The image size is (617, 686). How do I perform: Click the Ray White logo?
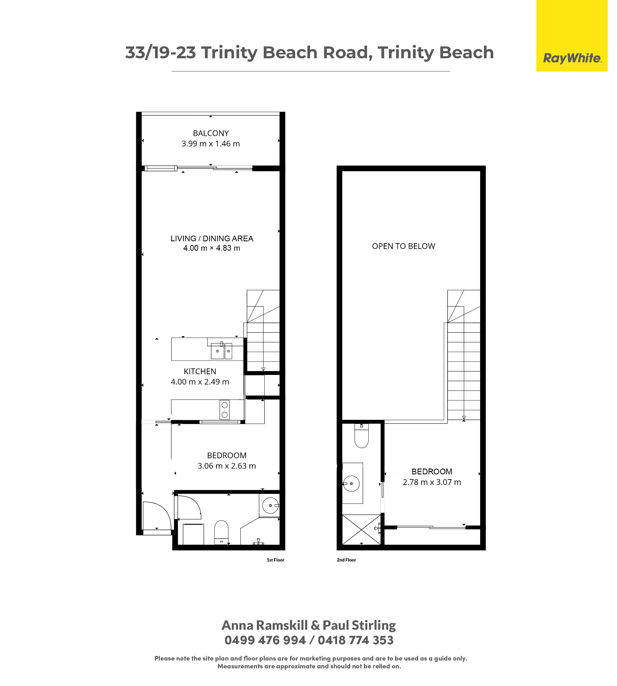pyautogui.click(x=572, y=58)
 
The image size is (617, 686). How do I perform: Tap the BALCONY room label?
pyautogui.click(x=211, y=133)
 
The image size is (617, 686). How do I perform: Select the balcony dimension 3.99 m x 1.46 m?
pyautogui.click(x=211, y=144)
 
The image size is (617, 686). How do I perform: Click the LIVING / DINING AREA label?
pyautogui.click(x=212, y=238)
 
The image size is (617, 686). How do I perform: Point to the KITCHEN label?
pyautogui.click(x=200, y=371)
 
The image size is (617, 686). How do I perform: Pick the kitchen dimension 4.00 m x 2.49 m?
pyautogui.click(x=200, y=382)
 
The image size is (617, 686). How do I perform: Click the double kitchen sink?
pyautogui.click(x=222, y=351)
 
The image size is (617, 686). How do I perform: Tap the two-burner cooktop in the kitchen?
pyautogui.click(x=225, y=410)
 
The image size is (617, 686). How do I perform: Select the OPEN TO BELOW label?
pyautogui.click(x=403, y=246)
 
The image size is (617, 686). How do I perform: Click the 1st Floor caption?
pyautogui.click(x=275, y=560)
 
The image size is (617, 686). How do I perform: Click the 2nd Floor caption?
pyautogui.click(x=346, y=560)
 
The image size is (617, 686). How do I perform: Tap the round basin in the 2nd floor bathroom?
pyautogui.click(x=351, y=484)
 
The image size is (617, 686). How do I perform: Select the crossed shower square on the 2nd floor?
pyautogui.click(x=361, y=530)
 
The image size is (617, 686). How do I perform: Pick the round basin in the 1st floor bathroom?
pyautogui.click(x=271, y=506)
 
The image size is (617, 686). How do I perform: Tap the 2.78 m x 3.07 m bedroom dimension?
pyautogui.click(x=432, y=482)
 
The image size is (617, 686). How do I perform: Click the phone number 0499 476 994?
pyautogui.click(x=265, y=640)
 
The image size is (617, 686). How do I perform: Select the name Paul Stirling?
pyautogui.click(x=359, y=625)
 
